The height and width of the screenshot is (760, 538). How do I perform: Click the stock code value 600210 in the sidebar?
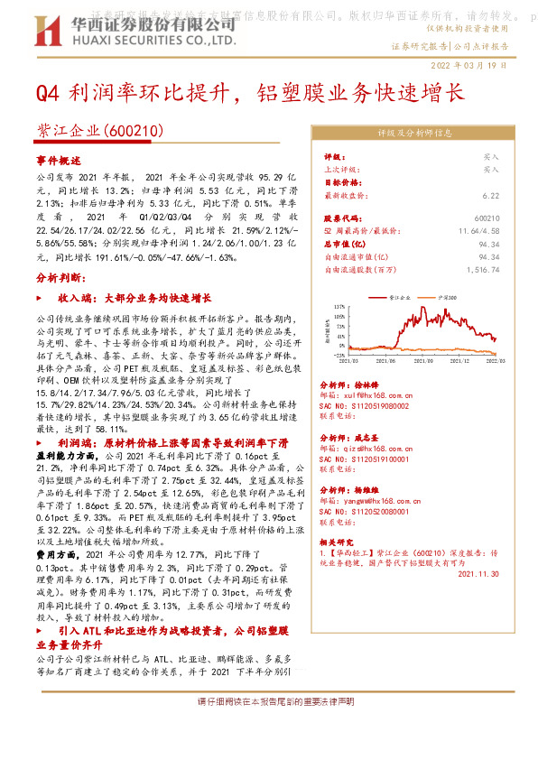(x=486, y=218)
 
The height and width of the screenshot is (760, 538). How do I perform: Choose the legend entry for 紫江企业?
(x=398, y=296)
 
